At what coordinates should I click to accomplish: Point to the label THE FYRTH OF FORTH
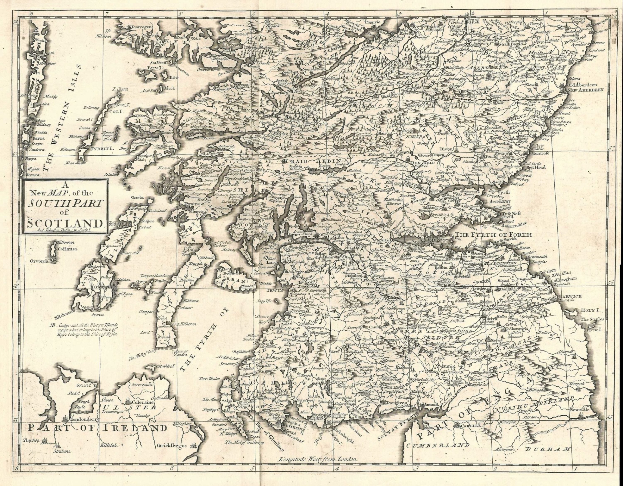coord(493,235)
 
